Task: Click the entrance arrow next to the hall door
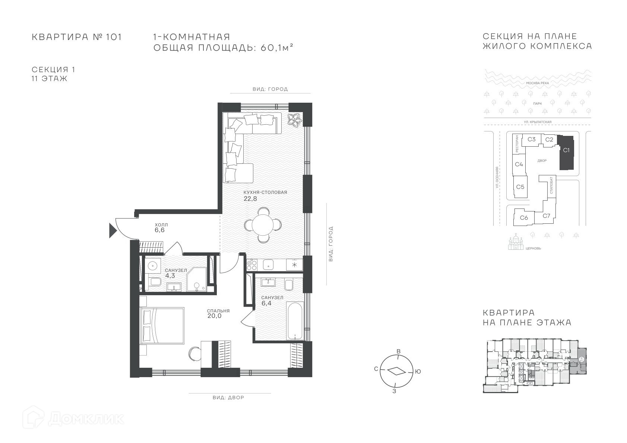point(112,231)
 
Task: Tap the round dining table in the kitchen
point(263,225)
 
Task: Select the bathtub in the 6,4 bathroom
point(295,321)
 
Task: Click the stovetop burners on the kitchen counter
point(251,264)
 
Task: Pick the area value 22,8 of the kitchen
point(250,199)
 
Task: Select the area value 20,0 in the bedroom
point(215,316)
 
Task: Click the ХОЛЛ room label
point(161,224)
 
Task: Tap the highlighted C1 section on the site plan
point(566,153)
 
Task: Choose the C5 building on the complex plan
point(520,187)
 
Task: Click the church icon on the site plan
point(516,243)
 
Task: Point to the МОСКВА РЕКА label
point(538,83)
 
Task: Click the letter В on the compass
point(399,351)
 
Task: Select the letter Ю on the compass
point(418,372)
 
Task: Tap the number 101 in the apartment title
point(114,37)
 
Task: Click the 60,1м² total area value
point(277,48)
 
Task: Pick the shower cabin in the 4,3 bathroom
point(197,279)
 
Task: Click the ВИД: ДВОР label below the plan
point(228,398)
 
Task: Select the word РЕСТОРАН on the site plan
point(517,144)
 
